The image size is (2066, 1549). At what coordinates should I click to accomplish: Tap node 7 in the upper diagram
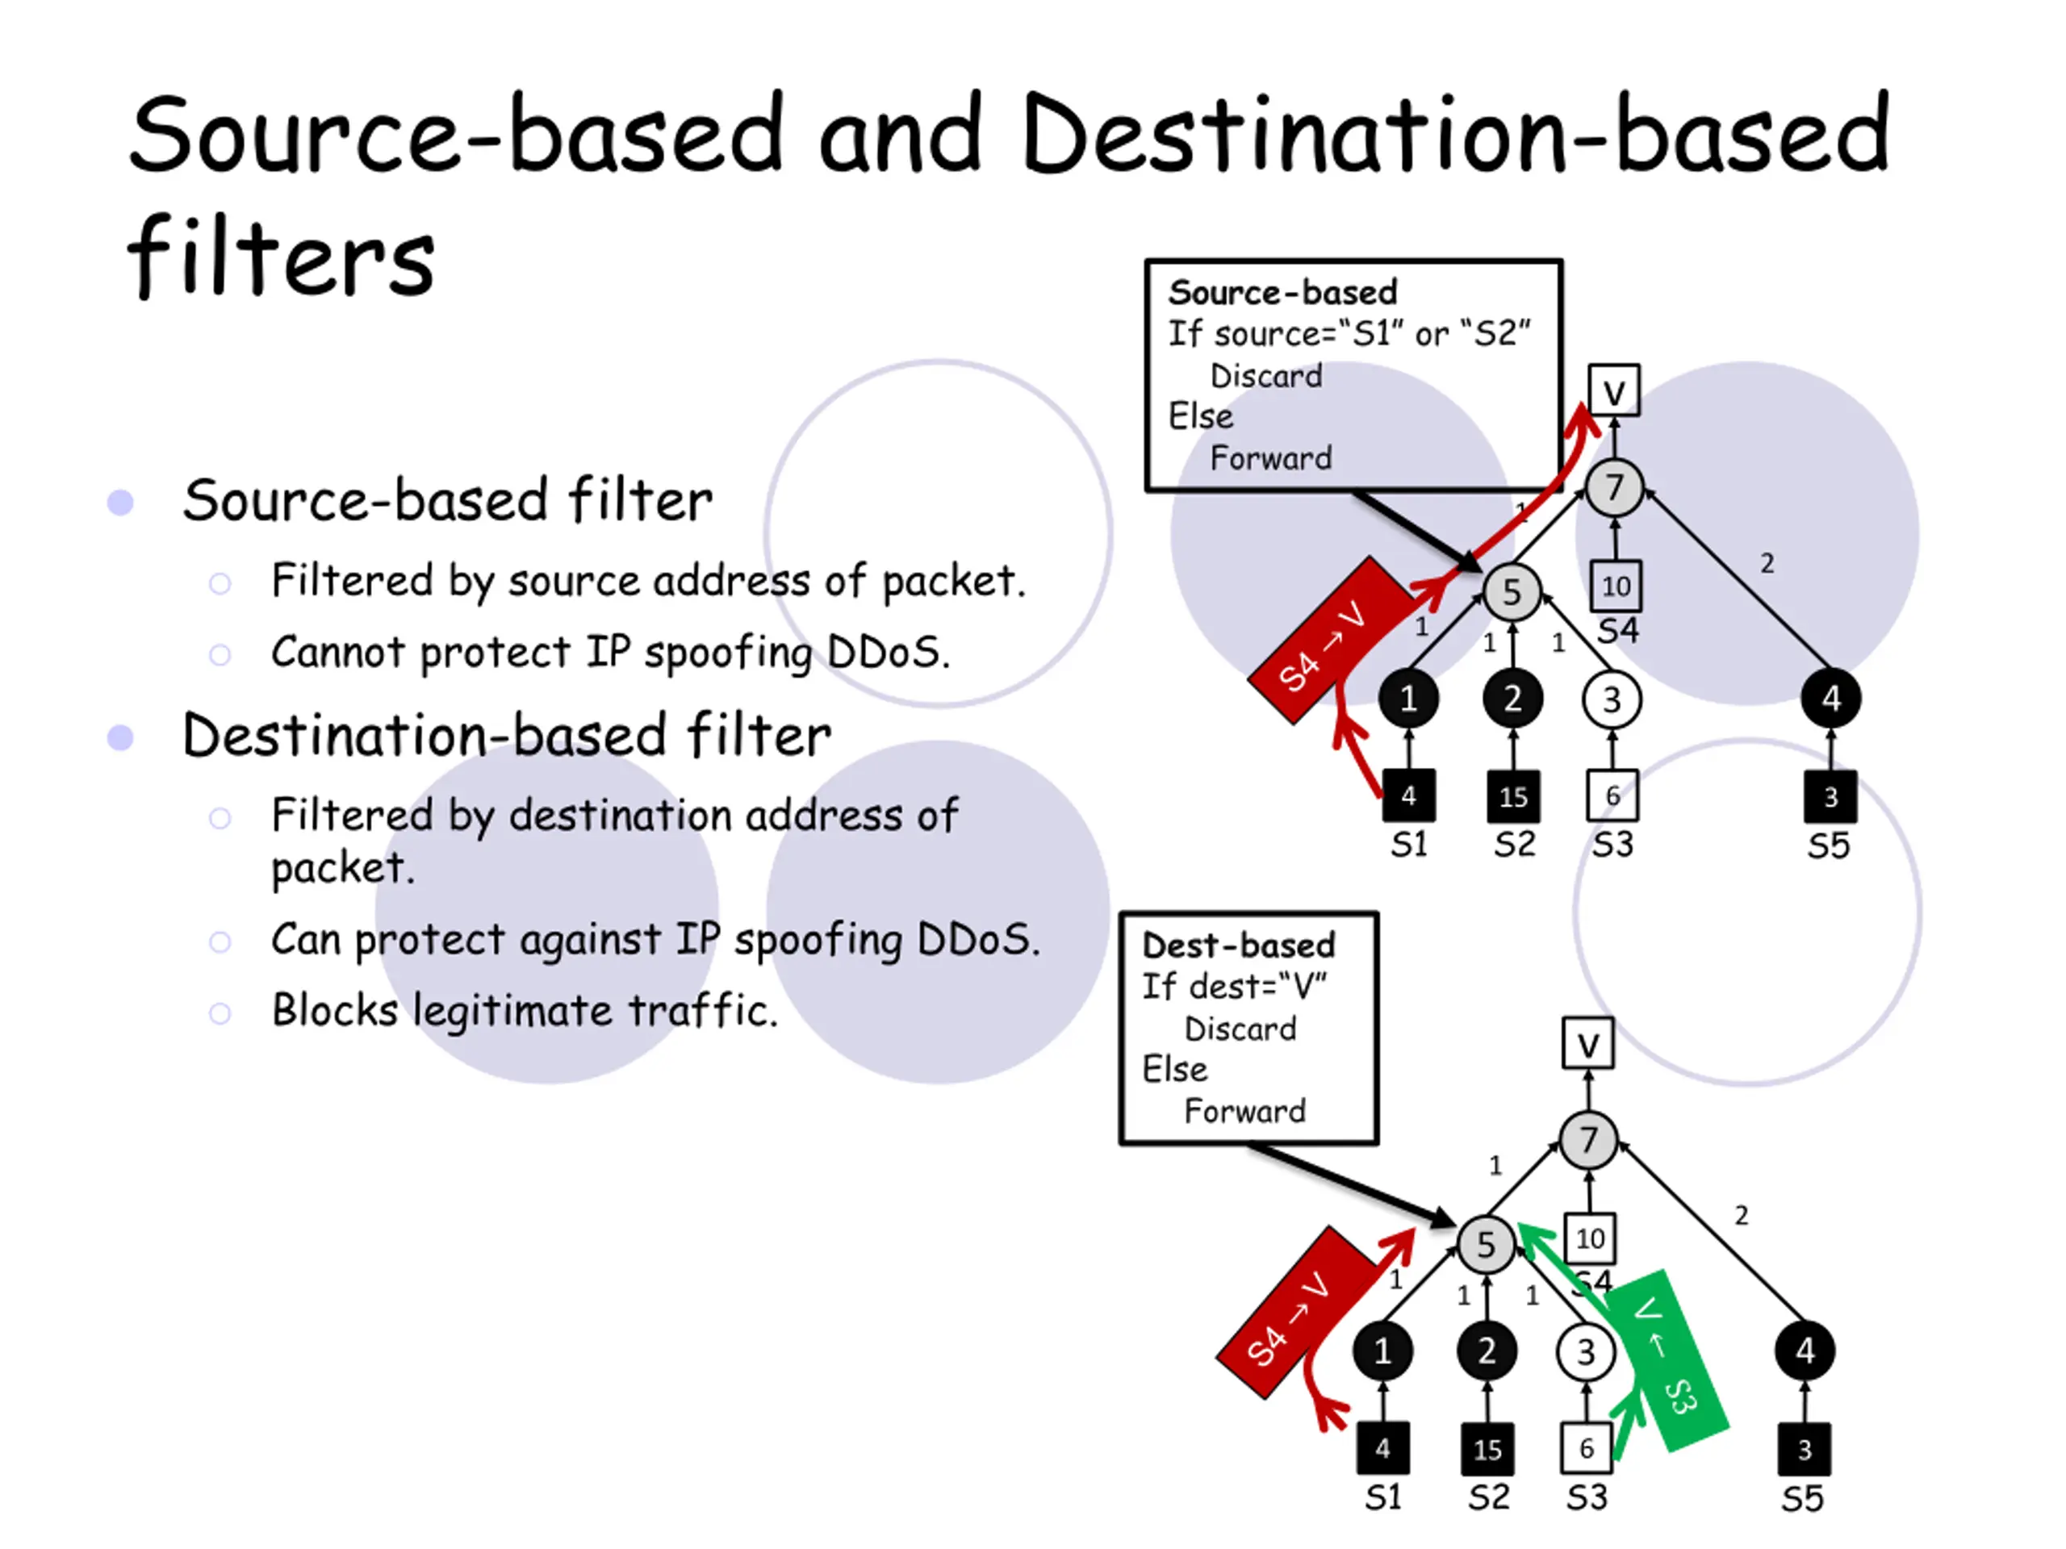click(1614, 486)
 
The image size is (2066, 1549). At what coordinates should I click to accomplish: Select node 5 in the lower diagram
click(1486, 1244)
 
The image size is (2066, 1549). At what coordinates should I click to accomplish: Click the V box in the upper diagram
click(1614, 390)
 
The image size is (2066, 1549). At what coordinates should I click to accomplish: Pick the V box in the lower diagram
click(1587, 1043)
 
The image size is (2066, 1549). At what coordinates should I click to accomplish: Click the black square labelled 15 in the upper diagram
click(1513, 796)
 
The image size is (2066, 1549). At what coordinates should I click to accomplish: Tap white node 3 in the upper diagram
click(1612, 699)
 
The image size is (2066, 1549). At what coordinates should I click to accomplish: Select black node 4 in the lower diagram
click(1805, 1350)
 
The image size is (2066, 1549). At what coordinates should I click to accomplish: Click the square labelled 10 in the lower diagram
click(1590, 1239)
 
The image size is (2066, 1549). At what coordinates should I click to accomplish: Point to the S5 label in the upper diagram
click(1828, 846)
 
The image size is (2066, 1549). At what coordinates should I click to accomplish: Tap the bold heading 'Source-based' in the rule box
click(1282, 292)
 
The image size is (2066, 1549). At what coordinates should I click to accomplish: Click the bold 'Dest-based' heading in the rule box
click(1239, 945)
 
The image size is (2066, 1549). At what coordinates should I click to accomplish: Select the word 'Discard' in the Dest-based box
click(1240, 1028)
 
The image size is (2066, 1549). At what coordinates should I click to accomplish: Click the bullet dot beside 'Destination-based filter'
click(120, 737)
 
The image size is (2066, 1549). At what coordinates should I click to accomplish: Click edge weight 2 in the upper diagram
click(1766, 563)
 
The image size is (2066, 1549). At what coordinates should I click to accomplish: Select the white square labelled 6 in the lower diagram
click(1586, 1448)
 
